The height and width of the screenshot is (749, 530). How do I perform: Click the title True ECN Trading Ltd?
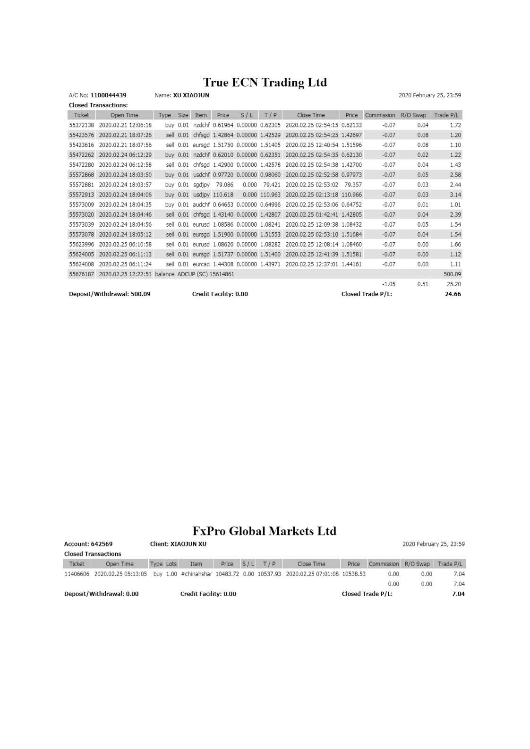click(x=265, y=83)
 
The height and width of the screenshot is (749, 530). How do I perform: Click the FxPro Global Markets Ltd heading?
click(x=264, y=531)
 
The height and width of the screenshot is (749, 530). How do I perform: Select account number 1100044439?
click(x=108, y=95)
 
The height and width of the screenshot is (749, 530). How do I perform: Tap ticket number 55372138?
click(x=81, y=125)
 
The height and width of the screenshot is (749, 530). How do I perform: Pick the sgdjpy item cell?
click(x=201, y=185)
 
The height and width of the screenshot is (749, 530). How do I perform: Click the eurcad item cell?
click(x=201, y=264)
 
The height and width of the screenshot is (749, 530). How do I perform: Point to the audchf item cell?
click(x=201, y=204)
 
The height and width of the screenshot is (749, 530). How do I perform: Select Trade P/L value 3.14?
click(x=455, y=195)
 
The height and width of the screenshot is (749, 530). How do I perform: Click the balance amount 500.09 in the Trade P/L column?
click(x=452, y=274)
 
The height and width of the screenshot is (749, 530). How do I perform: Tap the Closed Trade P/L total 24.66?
click(x=453, y=294)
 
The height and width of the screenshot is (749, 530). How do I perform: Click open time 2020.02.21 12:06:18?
click(x=125, y=125)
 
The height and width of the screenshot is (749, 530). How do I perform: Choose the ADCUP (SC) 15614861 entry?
click(x=205, y=274)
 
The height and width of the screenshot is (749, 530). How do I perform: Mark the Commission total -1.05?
click(x=388, y=284)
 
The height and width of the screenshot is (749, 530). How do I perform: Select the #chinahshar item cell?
click(x=197, y=574)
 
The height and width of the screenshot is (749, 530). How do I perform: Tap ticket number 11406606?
click(x=77, y=574)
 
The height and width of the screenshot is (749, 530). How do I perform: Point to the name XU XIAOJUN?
click(x=191, y=95)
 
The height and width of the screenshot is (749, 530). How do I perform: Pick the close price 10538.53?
click(x=353, y=574)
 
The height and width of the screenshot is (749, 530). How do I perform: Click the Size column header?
click(x=183, y=115)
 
